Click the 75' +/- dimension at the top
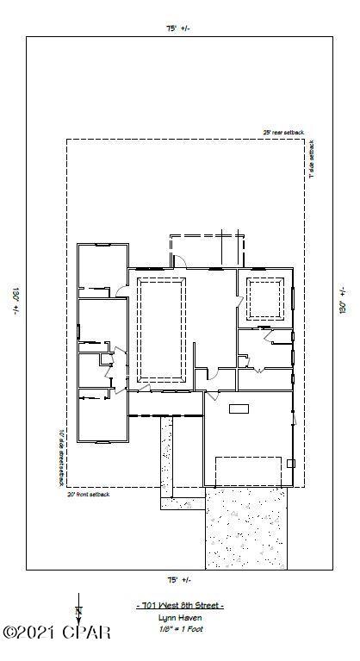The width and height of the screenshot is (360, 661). click(178, 28)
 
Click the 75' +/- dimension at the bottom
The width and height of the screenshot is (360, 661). click(178, 579)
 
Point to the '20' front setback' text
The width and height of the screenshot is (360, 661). click(89, 495)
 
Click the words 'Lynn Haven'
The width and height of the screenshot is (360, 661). click(180, 618)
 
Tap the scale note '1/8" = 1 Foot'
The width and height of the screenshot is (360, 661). click(180, 629)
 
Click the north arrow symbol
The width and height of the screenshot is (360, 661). click(78, 614)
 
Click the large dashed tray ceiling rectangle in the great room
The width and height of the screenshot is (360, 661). click(161, 331)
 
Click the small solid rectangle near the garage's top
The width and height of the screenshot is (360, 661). click(239, 408)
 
